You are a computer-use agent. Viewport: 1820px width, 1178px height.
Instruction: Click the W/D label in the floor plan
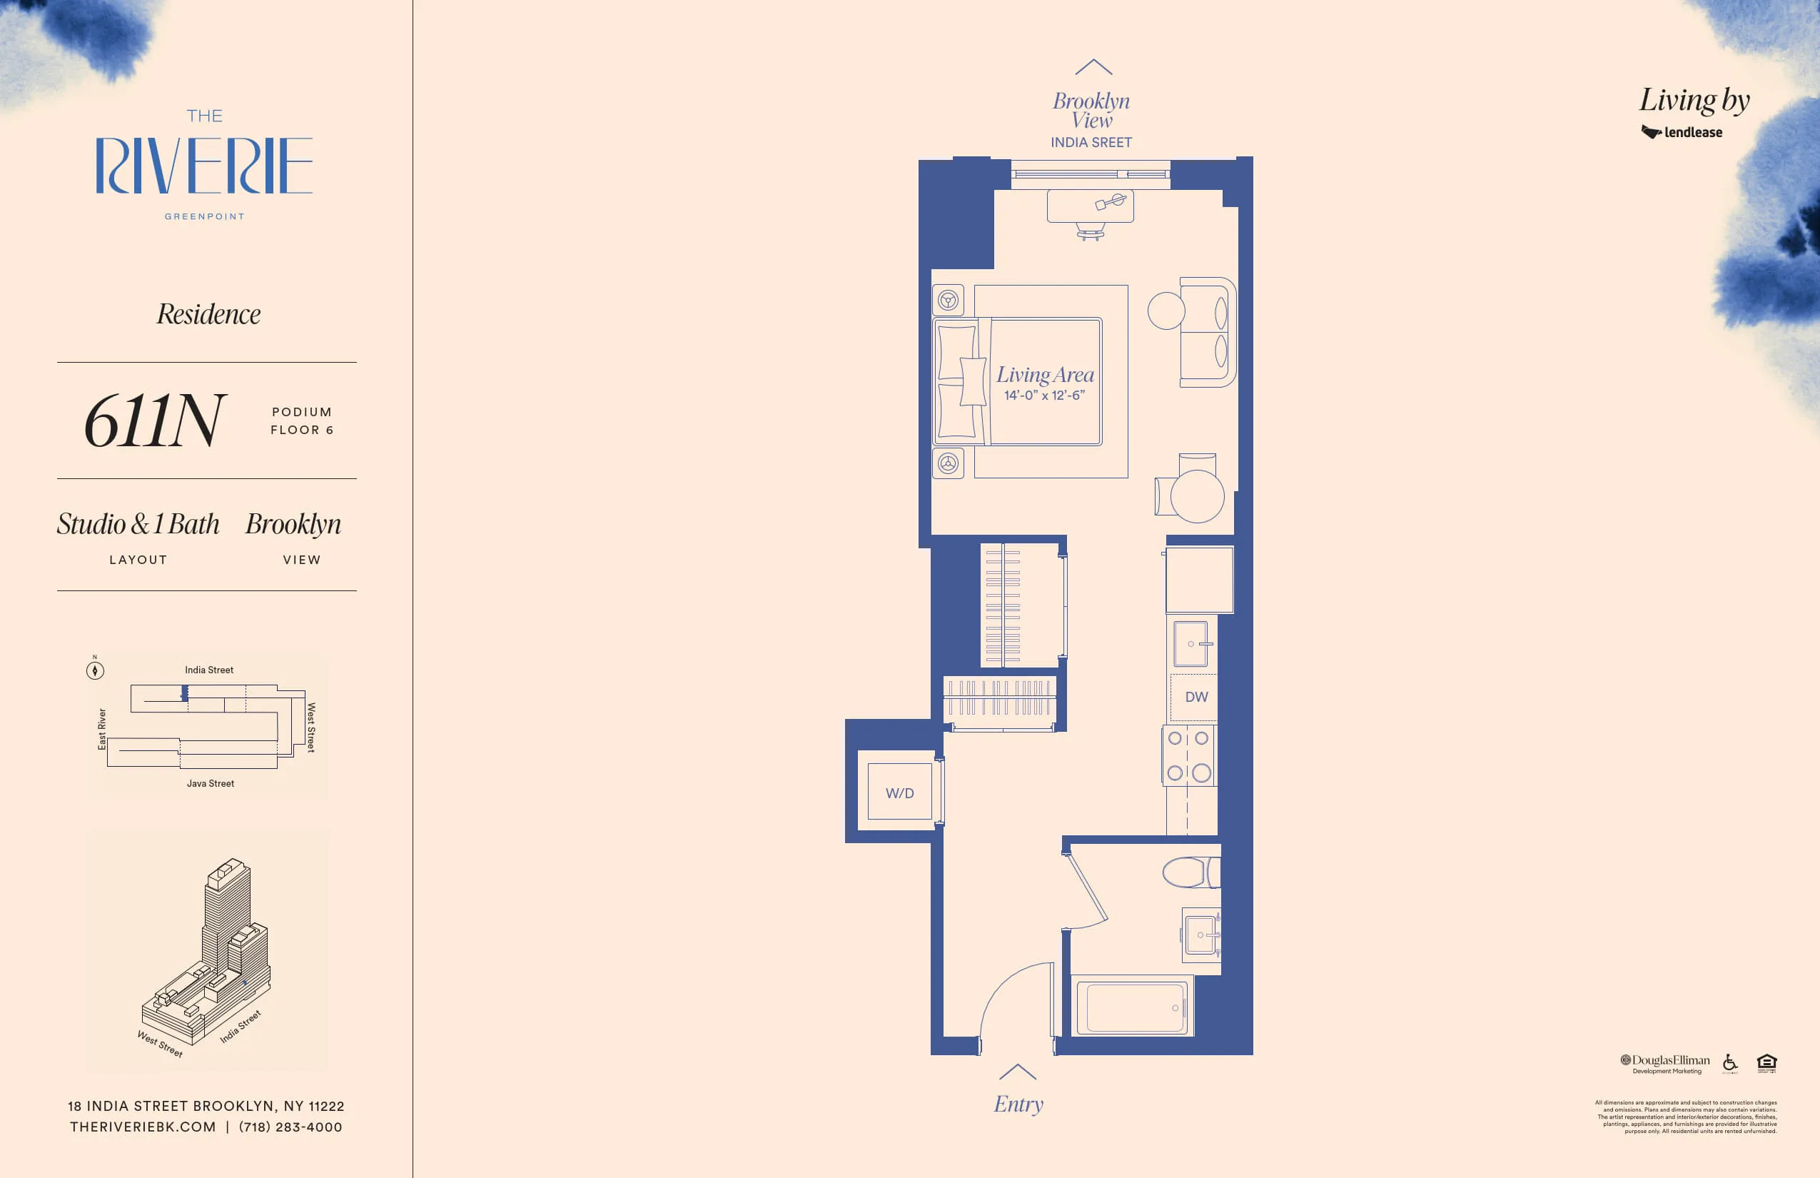coord(899,793)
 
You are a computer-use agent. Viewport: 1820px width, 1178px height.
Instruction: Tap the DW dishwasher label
coord(1196,697)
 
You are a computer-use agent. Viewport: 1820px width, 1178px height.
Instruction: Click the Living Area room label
coord(1045,375)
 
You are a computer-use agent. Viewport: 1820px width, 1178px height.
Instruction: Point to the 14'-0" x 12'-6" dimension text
coord(1045,396)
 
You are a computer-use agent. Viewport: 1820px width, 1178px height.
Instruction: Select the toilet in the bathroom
coord(1190,872)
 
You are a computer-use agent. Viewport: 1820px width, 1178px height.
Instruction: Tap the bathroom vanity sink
coord(1200,935)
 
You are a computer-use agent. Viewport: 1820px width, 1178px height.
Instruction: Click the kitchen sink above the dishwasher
coord(1191,643)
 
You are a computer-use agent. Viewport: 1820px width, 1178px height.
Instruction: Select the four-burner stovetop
coord(1188,756)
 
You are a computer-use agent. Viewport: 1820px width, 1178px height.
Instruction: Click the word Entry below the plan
coord(1018,1104)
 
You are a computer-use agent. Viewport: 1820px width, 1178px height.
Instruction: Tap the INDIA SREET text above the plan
coord(1091,142)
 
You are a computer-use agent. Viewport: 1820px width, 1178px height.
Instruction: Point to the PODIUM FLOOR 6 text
coord(302,421)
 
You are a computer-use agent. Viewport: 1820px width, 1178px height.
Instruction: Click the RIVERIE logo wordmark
coord(204,165)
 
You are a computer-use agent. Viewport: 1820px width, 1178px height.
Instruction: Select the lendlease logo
coord(1682,132)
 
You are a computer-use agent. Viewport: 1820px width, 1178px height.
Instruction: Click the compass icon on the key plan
coord(95,671)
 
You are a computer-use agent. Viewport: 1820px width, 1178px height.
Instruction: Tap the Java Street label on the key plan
coord(211,783)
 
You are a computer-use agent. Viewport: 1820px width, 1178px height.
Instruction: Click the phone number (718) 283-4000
coord(290,1127)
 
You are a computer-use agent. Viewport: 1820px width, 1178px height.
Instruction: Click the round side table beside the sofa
coord(1166,311)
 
